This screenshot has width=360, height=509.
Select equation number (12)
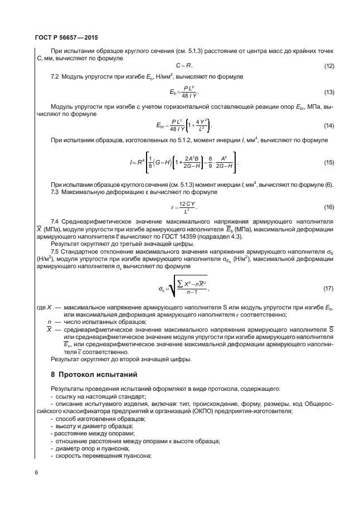coord(329,67)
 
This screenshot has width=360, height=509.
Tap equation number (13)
coord(329,91)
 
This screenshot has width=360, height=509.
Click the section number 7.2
coord(55,75)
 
